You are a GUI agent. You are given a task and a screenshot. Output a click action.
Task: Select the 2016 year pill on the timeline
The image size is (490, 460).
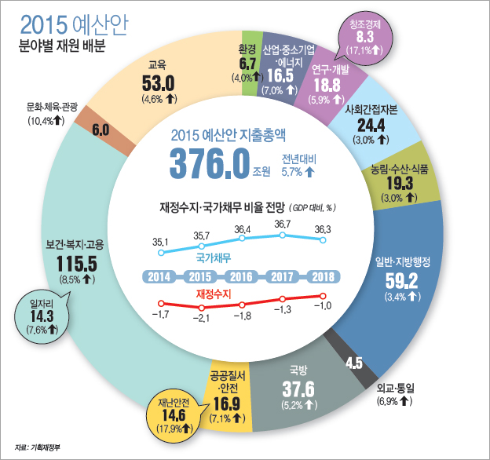tap(242, 276)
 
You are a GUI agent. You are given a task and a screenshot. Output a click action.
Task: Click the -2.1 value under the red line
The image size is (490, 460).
tap(203, 318)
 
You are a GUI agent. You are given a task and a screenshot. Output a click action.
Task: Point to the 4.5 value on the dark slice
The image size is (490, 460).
tap(353, 363)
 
